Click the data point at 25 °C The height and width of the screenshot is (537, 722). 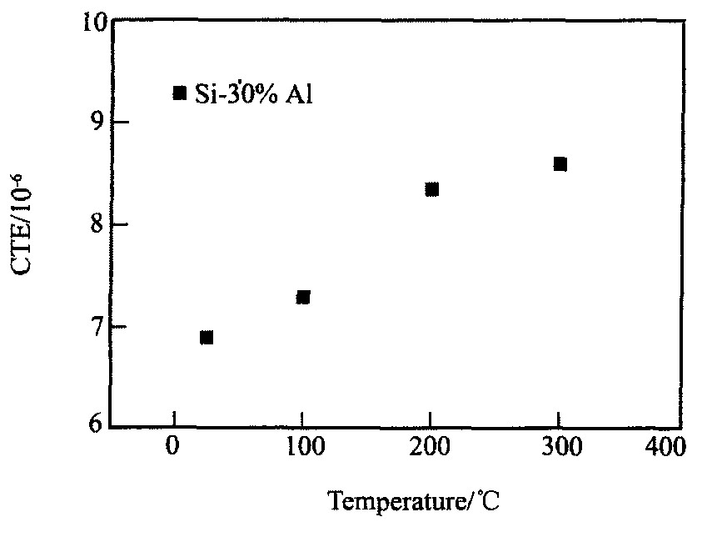(x=207, y=337)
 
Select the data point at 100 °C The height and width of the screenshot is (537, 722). (x=303, y=297)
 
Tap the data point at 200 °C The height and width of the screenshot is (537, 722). (x=431, y=189)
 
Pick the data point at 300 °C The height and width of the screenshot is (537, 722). (x=560, y=163)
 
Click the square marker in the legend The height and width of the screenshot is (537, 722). (x=179, y=93)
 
